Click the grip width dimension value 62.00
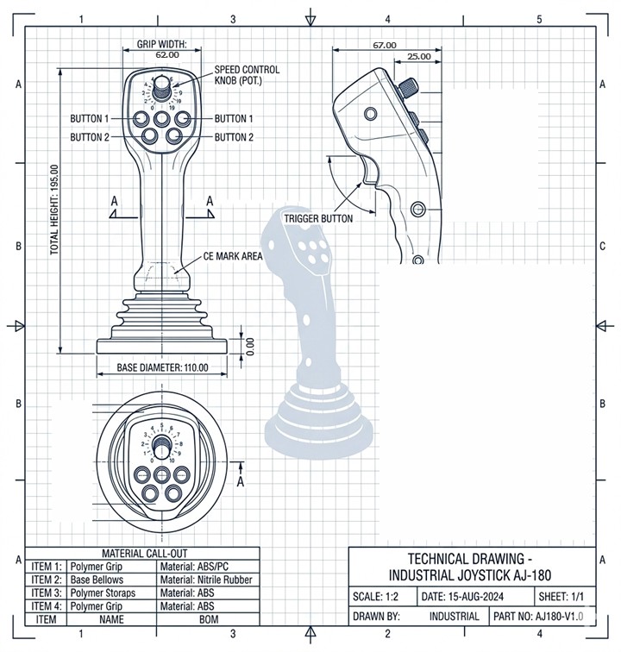(167, 54)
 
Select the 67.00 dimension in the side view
(384, 45)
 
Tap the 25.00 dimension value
(419, 56)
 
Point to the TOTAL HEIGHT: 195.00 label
(54, 210)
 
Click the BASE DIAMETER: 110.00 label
(163, 367)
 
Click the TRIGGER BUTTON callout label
(318, 219)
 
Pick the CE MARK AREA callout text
(232, 256)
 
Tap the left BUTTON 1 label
(90, 118)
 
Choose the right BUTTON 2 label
(234, 137)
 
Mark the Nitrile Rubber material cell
(206, 580)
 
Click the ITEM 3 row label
(47, 592)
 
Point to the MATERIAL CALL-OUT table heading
(142, 553)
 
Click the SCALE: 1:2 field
(379, 597)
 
